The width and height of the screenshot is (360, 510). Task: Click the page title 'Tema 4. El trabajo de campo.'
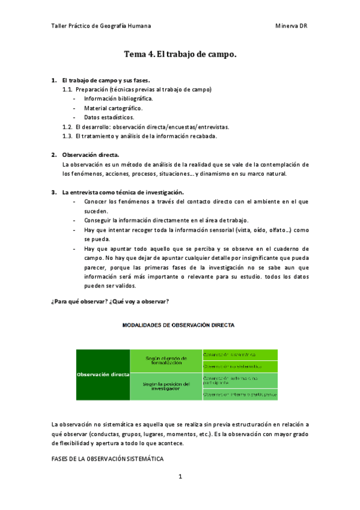pos(180,54)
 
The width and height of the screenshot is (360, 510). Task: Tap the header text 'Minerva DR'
pos(291,26)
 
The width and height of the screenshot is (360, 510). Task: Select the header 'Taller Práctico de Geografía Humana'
pos(101,26)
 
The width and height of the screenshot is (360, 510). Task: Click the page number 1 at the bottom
pos(180,476)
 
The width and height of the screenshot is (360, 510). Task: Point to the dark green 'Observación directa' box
pos(103,374)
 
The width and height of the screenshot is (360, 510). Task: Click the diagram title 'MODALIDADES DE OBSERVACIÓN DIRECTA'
pos(178,325)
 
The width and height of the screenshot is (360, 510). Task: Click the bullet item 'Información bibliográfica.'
pos(118,99)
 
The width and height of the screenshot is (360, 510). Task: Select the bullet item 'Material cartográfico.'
pos(113,108)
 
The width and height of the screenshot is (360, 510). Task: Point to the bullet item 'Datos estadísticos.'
pos(109,117)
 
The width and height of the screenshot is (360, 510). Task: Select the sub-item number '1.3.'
pos(67,136)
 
